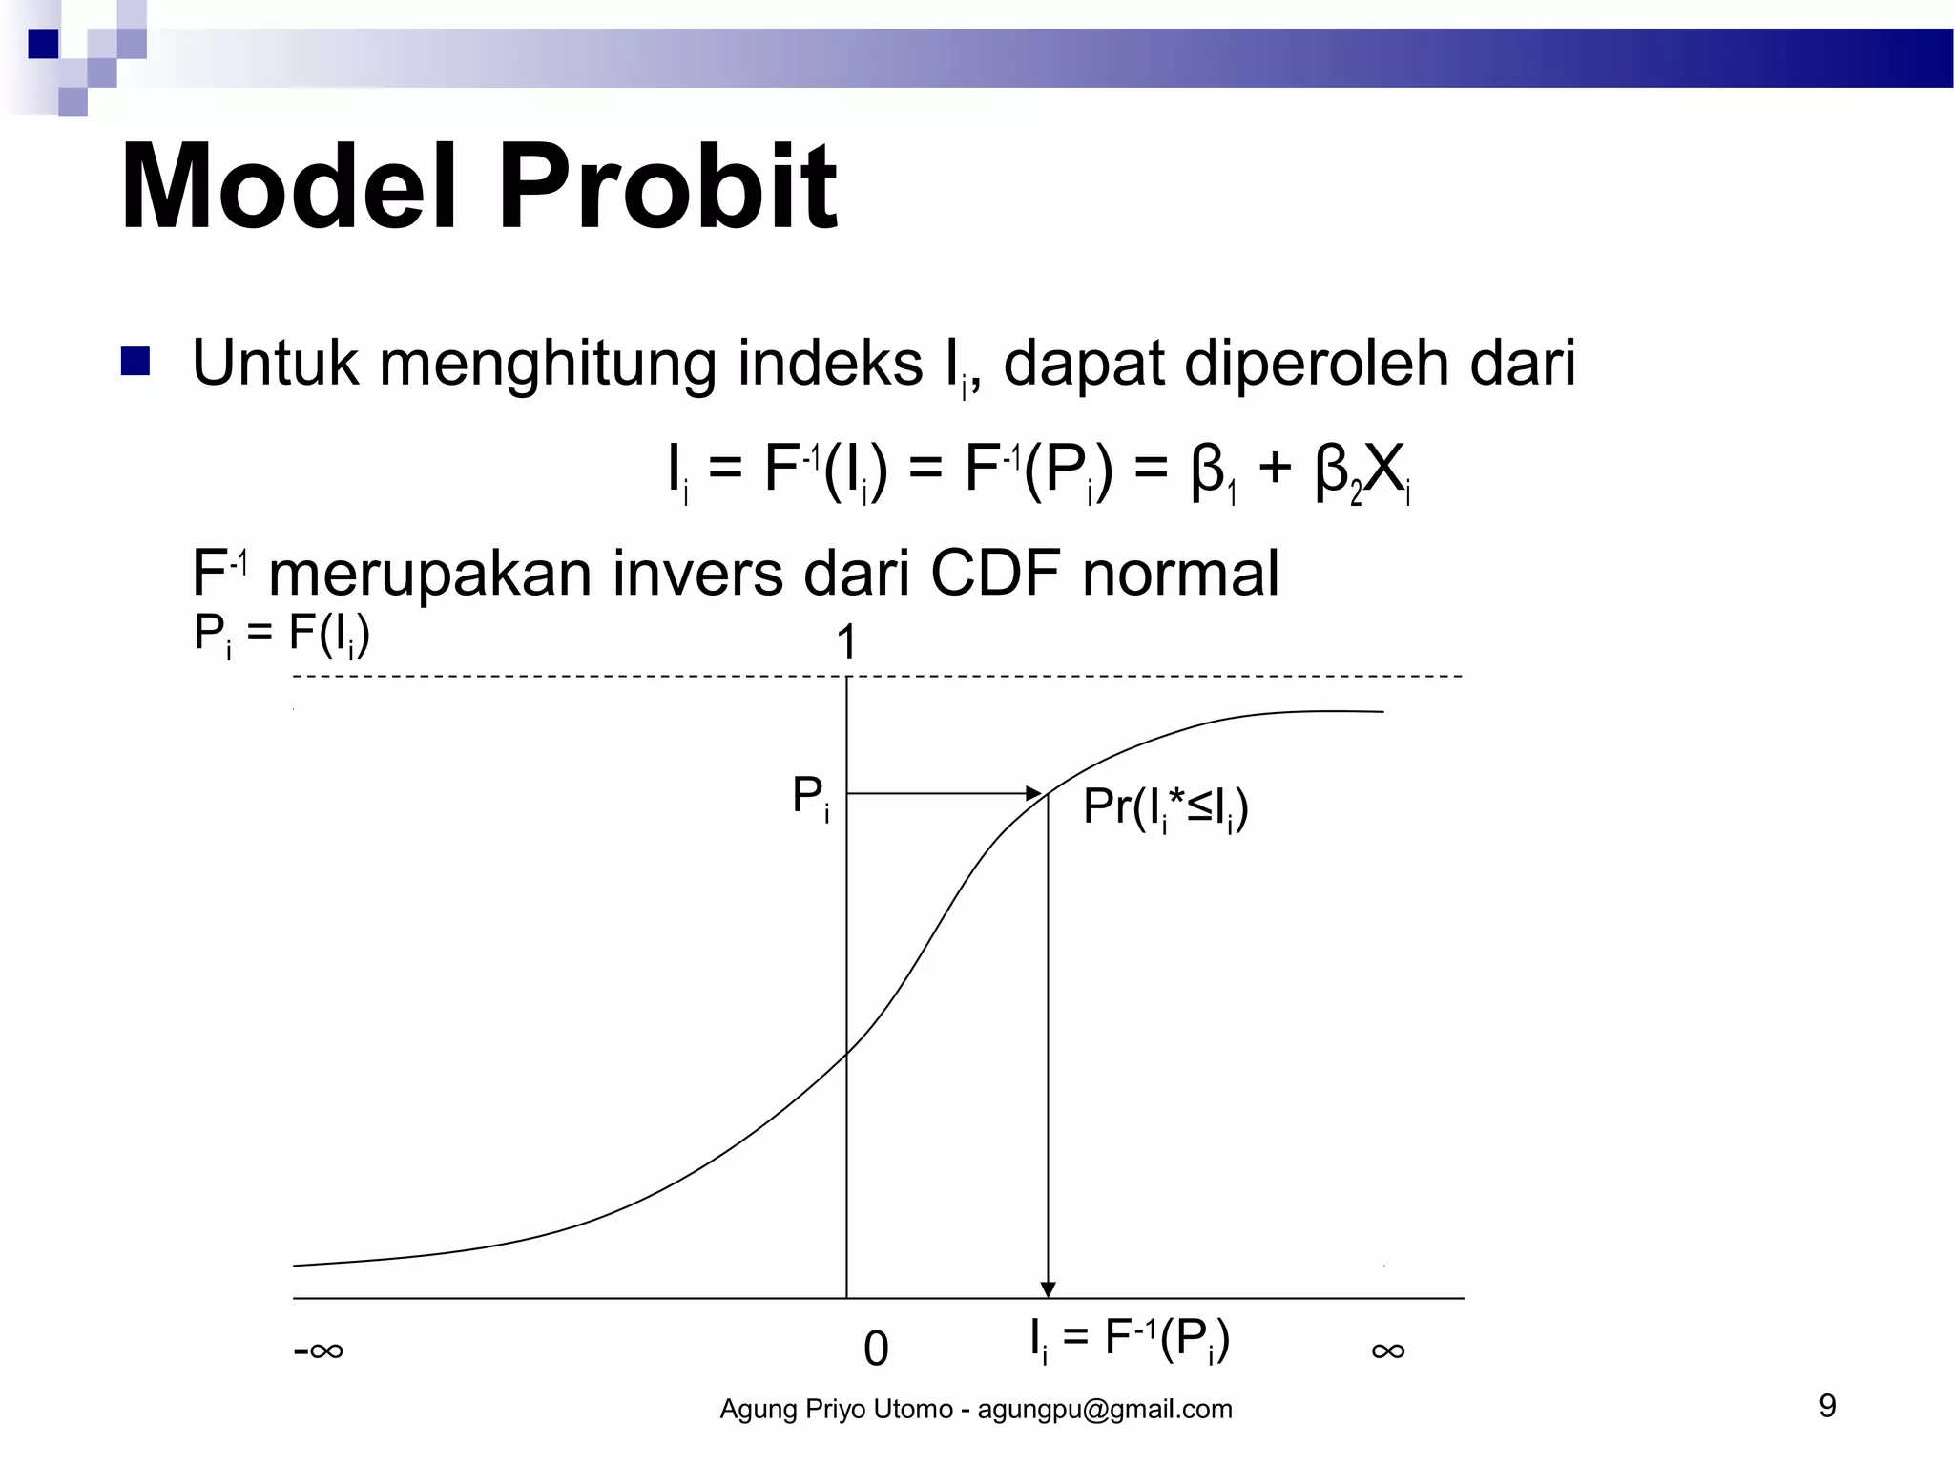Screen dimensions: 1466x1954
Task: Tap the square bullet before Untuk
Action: (x=135, y=363)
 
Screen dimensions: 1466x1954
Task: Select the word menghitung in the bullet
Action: (x=549, y=365)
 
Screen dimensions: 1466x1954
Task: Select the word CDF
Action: (x=994, y=574)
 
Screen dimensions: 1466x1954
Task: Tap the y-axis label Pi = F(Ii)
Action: (x=281, y=635)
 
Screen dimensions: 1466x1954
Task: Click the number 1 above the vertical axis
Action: (x=846, y=642)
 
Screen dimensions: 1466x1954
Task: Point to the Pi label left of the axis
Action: (x=810, y=797)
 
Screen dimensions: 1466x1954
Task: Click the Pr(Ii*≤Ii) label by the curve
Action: (x=1165, y=808)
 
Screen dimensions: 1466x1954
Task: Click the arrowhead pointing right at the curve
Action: (x=1034, y=793)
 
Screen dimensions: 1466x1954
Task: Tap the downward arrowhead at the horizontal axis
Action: (x=1048, y=1289)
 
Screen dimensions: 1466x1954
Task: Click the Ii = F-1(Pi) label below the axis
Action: (x=1130, y=1339)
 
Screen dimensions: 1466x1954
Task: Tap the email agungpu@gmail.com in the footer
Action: (x=1104, y=1409)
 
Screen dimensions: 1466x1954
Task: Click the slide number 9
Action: (x=1827, y=1406)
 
